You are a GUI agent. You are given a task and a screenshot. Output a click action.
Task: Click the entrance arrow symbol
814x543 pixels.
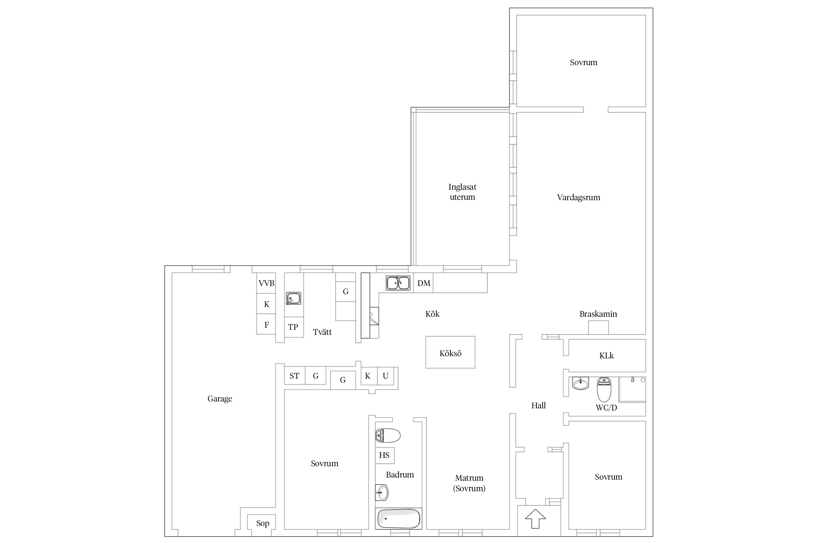[x=535, y=519]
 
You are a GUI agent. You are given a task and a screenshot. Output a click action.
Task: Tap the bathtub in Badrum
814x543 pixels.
[x=398, y=518]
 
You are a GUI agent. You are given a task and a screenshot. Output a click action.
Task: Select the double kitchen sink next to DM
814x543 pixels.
[x=398, y=283]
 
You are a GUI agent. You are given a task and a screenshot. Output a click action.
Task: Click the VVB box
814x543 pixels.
[x=266, y=283]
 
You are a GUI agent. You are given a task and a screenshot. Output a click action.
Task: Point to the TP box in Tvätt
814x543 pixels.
[x=293, y=327]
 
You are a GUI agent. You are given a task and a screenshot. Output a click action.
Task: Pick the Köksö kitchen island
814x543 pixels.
[x=450, y=352]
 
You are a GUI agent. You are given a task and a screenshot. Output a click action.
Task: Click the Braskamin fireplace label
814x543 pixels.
[x=598, y=314]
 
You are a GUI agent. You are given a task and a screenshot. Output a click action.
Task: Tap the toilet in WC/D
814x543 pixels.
[x=604, y=389]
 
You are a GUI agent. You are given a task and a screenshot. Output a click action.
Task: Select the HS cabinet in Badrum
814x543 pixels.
[x=385, y=455]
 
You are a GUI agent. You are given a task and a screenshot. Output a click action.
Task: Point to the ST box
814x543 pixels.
[x=294, y=376]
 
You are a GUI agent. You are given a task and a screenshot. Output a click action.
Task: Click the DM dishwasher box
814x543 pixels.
[x=423, y=283]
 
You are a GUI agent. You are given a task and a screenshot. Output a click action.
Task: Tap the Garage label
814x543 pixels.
[x=220, y=399]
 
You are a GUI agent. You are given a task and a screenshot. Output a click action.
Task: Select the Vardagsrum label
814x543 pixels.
[x=578, y=197]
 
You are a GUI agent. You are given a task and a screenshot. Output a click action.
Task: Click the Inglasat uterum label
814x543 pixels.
[x=462, y=192]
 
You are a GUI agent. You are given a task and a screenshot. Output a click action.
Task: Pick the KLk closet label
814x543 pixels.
[x=607, y=355]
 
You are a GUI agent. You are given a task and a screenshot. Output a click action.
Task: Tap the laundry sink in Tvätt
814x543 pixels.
[x=293, y=298]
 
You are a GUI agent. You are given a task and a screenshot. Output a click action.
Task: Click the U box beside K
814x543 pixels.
[x=386, y=376]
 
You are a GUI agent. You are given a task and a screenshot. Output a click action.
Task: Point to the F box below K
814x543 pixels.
[x=266, y=324]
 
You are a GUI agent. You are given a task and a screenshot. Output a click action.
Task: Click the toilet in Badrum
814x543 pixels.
[x=387, y=435]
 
